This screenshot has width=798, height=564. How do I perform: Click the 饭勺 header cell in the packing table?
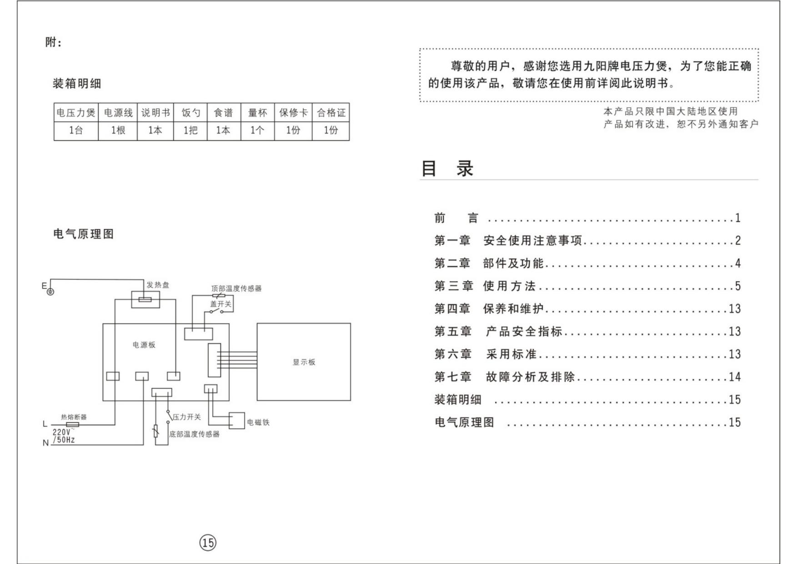point(190,113)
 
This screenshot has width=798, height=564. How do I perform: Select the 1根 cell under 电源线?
point(117,131)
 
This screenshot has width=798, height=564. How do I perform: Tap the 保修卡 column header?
point(293,113)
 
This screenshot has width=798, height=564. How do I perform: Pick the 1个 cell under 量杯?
point(257,131)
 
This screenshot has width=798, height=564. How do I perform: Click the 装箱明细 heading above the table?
point(77,84)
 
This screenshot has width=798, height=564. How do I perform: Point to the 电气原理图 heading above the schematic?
point(84,234)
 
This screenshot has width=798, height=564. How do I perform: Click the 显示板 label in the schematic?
point(304,362)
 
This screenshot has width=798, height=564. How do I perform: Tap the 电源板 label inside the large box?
point(144,345)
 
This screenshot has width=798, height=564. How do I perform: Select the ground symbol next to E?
point(50,292)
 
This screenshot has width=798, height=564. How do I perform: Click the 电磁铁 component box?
point(236,421)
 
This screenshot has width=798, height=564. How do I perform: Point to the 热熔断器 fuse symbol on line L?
point(73,425)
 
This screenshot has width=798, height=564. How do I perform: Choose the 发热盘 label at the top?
point(158,285)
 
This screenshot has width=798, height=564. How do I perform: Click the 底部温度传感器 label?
point(194,434)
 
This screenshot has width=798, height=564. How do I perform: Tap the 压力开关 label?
point(186,417)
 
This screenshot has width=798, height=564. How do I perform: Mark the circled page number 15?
point(208,542)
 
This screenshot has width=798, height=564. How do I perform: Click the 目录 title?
point(447,168)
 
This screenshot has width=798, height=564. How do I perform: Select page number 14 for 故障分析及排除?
point(735,377)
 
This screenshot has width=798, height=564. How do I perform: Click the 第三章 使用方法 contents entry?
point(485,286)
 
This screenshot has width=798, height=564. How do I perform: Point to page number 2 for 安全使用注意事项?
point(738,241)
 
